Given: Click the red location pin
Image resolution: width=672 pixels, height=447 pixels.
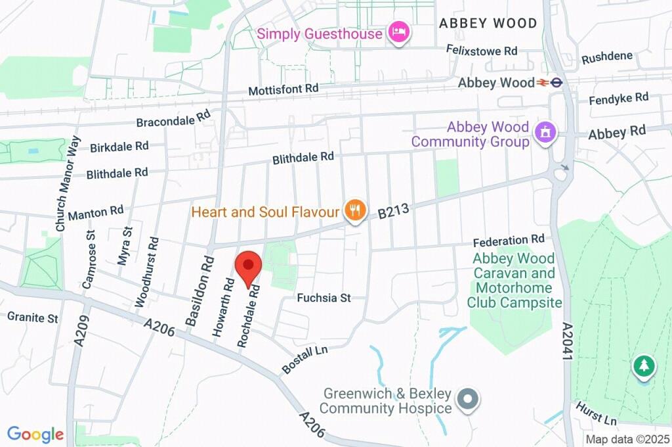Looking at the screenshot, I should point(249,266).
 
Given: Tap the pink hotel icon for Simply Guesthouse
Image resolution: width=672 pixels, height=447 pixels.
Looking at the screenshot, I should point(399,32).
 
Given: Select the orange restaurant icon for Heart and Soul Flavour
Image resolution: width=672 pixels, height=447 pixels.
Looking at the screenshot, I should point(355,210).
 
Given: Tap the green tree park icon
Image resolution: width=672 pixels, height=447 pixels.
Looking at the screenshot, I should point(644,366).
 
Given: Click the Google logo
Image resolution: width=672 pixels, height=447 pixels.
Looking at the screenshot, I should point(35,434).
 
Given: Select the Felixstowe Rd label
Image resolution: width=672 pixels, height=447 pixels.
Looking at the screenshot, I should point(482,51).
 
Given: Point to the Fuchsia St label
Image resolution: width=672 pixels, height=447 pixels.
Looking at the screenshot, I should point(324,298).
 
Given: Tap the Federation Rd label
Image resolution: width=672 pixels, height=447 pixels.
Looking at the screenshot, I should point(509,240).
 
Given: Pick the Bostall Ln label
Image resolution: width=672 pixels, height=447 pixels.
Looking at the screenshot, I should point(304,360).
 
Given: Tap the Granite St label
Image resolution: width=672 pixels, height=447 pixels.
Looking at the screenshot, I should point(33,318).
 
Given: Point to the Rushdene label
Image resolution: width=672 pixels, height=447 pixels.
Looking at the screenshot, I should point(607,57).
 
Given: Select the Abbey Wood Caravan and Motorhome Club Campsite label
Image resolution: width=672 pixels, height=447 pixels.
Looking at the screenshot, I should point(514,281).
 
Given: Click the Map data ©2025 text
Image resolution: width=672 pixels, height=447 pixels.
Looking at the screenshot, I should point(628,439).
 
